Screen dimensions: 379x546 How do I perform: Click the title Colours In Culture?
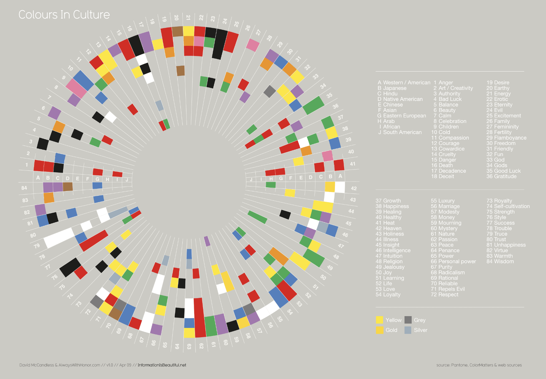pos(64,15)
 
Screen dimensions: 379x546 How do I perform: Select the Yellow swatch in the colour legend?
pos(379,320)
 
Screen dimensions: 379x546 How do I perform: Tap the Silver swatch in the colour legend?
pos(408,330)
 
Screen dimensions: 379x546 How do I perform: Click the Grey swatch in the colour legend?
pos(408,320)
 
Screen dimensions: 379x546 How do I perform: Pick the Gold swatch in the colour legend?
pos(379,330)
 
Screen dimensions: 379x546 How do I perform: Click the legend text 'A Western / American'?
pos(404,82)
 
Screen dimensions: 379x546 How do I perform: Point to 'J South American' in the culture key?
pos(400,132)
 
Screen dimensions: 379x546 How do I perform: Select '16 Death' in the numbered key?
pos(442,165)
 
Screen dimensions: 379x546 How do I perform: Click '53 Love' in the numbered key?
pos(385,289)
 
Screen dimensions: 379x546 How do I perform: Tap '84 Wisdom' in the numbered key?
pos(500,261)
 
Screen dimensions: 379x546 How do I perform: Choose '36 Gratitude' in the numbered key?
pos(501,176)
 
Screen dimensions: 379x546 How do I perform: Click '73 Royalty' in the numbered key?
pos(499,201)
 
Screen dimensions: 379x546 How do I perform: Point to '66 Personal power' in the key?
pos(453,261)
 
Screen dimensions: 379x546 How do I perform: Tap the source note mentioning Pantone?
pos(479,365)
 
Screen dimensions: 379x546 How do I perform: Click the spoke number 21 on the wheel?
pos(188,18)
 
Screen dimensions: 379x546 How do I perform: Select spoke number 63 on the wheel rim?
pos(189,346)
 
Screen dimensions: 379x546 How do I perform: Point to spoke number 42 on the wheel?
pos(354,188)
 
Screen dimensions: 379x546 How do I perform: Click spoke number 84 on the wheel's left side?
pos(24,188)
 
